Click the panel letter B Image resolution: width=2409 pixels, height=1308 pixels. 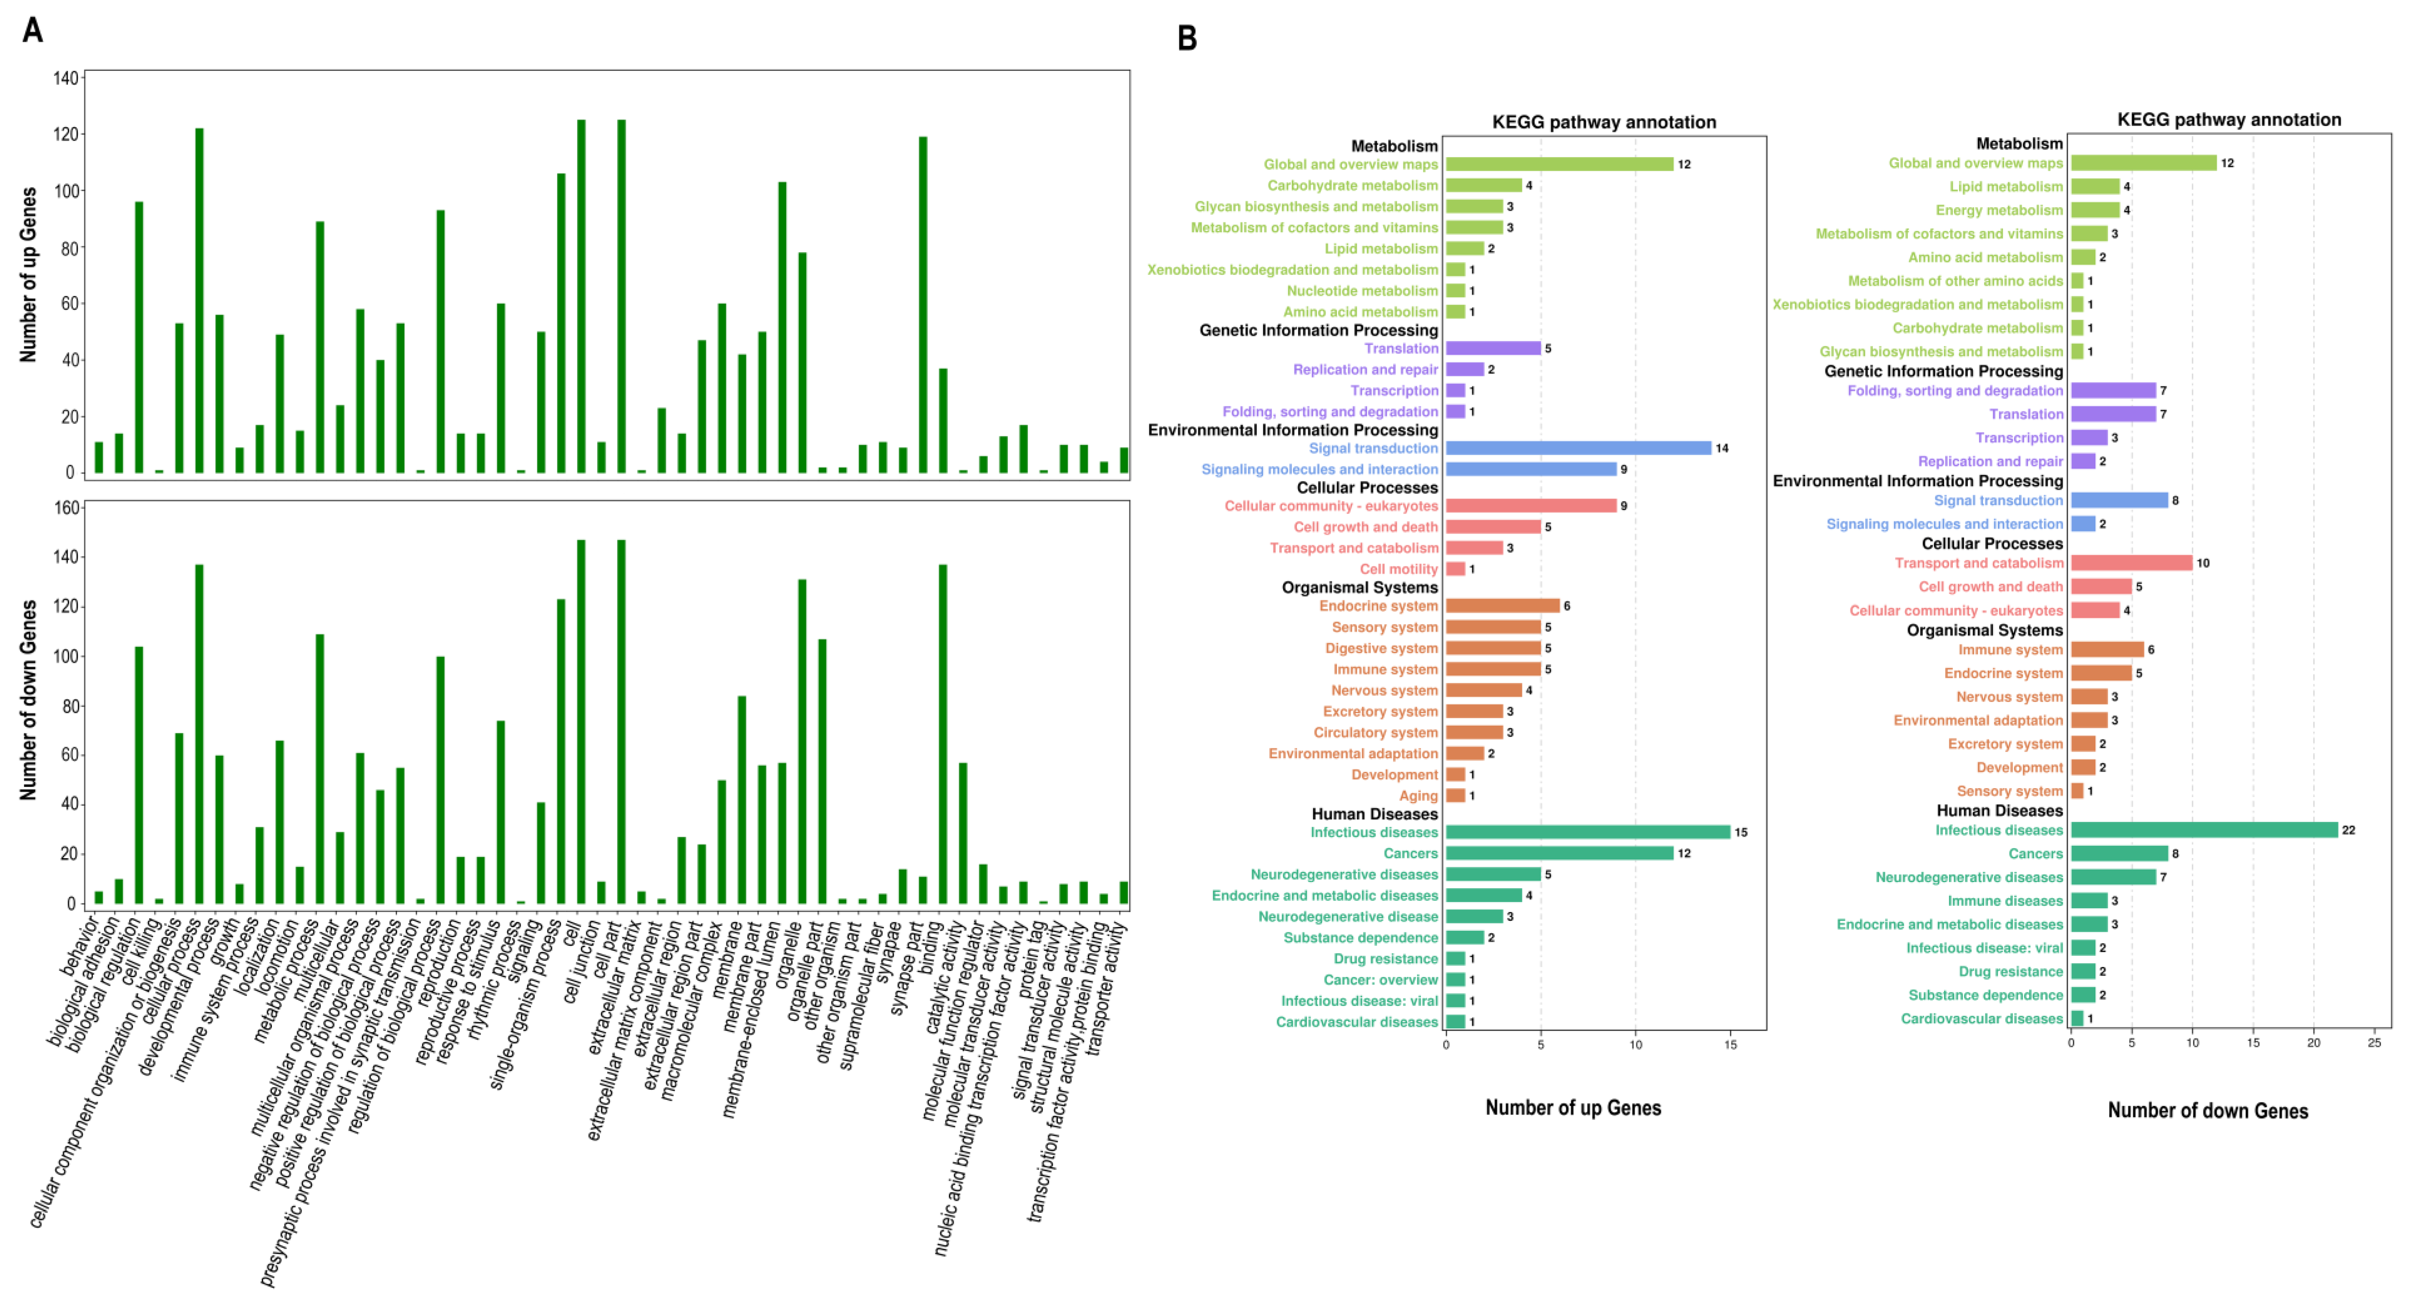[1187, 38]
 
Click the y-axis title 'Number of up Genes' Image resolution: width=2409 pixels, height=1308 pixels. [29, 275]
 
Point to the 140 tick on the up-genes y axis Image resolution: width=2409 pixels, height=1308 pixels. [65, 78]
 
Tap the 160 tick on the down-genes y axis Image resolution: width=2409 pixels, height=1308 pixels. [65, 508]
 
